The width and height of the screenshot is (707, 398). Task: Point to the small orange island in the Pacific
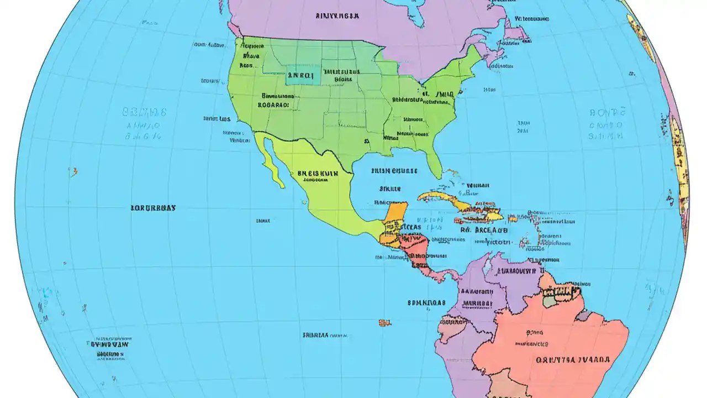click(384, 322)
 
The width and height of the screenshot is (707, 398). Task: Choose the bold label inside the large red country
click(573, 359)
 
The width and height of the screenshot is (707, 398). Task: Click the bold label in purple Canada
click(337, 16)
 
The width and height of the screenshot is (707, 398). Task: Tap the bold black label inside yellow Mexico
click(318, 173)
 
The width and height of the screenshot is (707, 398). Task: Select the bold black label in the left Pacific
click(153, 208)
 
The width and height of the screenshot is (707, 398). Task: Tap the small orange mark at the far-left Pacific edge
click(73, 171)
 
